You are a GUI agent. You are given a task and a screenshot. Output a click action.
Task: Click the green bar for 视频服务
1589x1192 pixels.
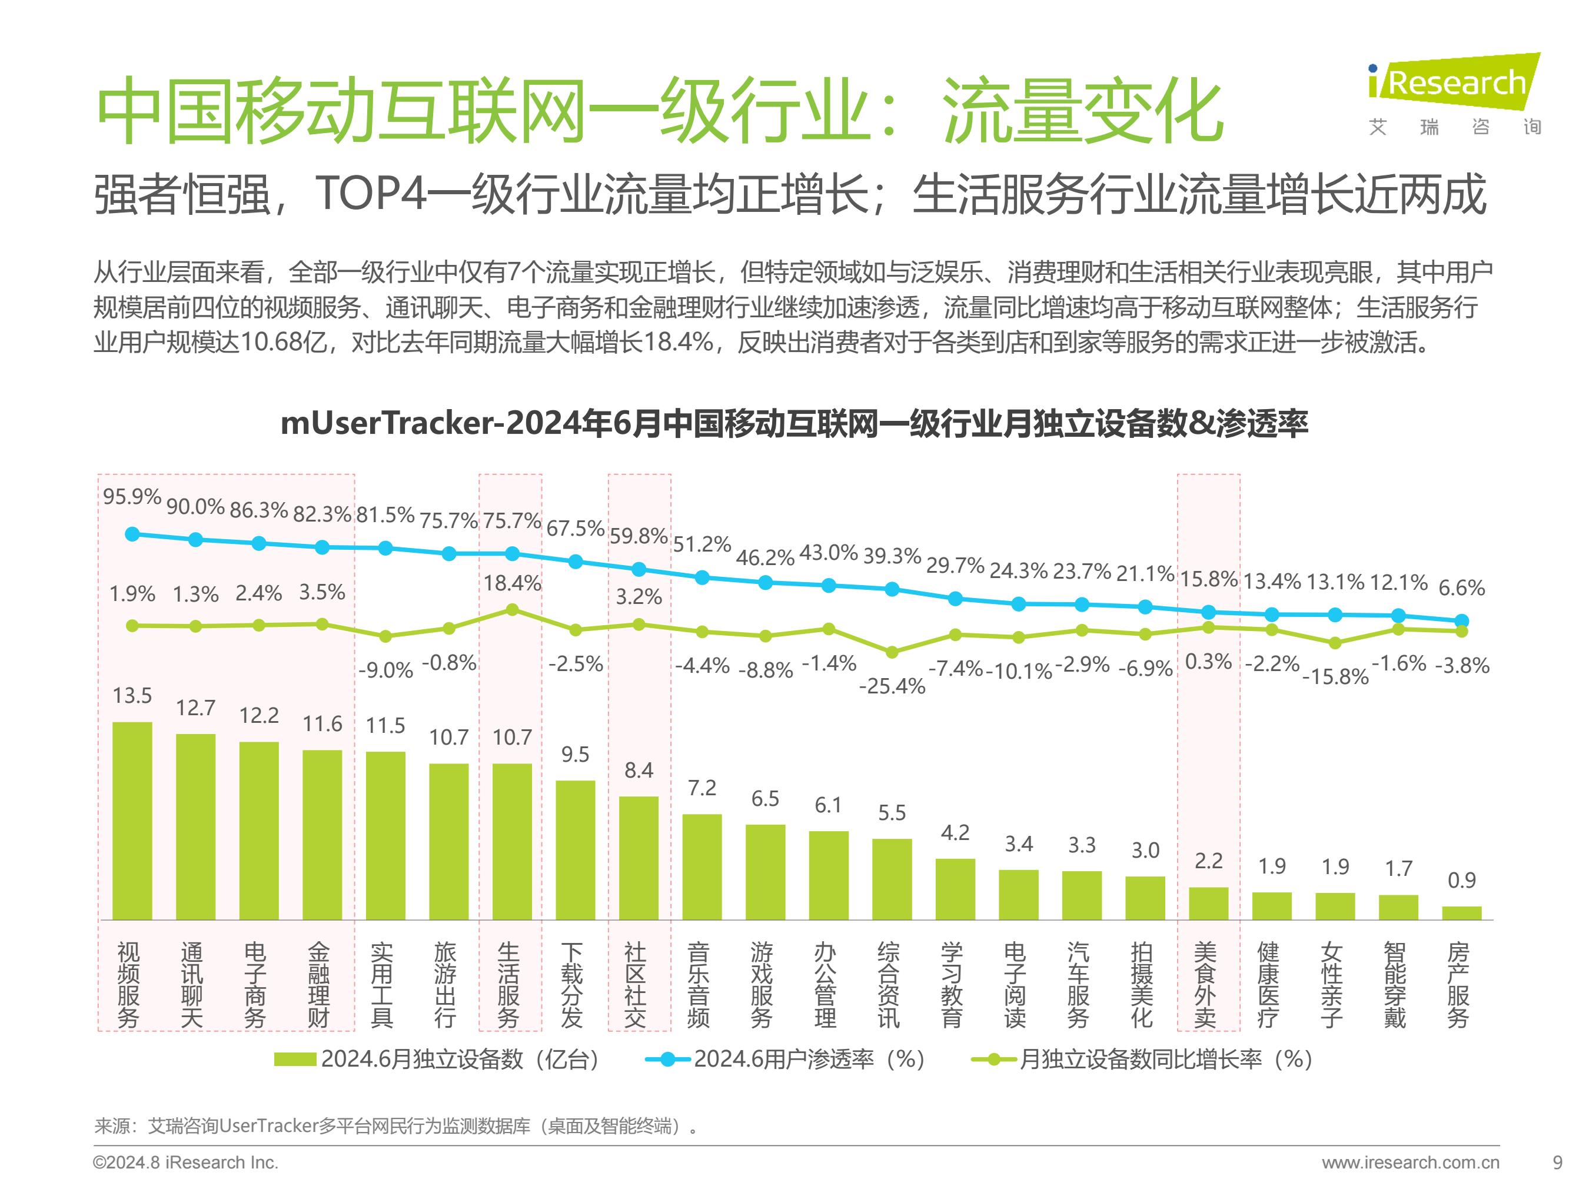coord(132,821)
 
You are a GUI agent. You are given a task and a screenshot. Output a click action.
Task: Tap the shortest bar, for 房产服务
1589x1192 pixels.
coord(1461,912)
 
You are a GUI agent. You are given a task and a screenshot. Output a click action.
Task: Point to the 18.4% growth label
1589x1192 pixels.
coord(512,583)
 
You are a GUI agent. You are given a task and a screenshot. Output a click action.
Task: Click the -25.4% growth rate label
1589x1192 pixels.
coord(892,686)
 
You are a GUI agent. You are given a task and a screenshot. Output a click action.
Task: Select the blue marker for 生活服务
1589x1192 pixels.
coord(512,554)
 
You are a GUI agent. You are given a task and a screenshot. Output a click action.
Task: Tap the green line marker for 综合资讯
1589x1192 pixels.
coord(892,652)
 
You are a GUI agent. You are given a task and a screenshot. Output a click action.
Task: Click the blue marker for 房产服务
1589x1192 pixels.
coord(1461,621)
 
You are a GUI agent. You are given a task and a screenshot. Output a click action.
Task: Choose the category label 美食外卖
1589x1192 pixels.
coord(1208,984)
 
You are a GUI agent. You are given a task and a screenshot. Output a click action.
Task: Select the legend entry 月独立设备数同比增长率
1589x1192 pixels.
coord(1142,1060)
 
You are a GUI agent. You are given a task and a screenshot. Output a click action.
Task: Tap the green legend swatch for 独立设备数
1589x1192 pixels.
coord(295,1060)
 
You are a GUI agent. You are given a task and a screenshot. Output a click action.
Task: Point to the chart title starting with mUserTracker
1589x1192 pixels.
coord(794,423)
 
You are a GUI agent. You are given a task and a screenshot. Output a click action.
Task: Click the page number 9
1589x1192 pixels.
coord(1557,1163)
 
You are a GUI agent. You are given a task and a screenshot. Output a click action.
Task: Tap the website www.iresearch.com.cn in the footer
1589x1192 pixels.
coord(1410,1163)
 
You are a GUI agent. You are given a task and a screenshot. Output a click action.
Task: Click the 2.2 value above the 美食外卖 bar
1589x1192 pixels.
coord(1208,861)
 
